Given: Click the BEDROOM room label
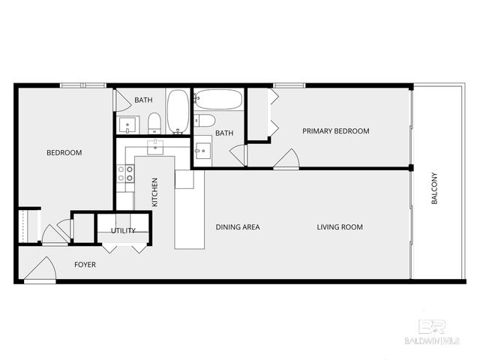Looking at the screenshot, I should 64,153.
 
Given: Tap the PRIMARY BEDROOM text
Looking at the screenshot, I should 335,131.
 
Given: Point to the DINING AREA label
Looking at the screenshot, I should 238,227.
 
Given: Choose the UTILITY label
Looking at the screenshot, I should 123,230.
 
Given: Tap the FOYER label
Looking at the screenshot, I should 85,265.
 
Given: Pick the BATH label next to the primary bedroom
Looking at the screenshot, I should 224,133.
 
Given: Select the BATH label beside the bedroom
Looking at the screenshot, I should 143,100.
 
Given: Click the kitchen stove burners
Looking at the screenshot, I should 125,174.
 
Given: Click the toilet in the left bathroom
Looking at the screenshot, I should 154,123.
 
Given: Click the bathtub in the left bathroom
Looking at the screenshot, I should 177,111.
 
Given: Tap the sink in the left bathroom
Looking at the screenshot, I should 125,124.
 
